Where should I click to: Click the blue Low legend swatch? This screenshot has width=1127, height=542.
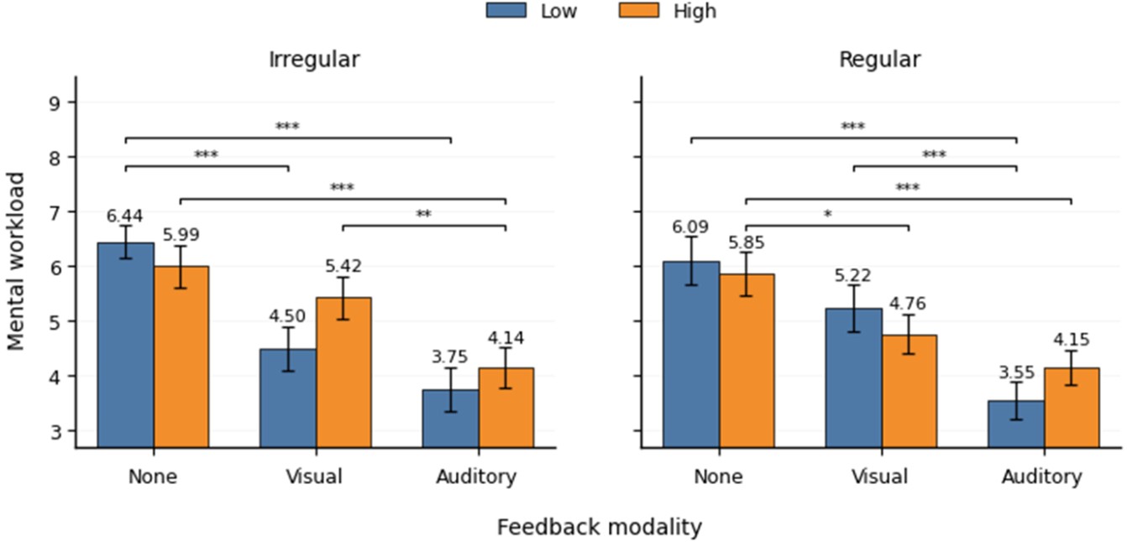pos(506,11)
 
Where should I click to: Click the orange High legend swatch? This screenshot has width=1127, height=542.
pos(638,11)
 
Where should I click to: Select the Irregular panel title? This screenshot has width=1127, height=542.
pos(314,60)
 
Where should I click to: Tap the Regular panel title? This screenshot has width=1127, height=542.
pos(880,60)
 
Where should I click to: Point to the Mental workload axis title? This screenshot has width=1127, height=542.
pos(16,262)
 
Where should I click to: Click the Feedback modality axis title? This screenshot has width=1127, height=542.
pos(600,528)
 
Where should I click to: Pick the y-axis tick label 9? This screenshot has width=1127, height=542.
pos(55,102)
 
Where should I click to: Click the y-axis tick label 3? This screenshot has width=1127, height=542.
pos(55,431)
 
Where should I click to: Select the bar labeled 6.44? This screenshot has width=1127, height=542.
pos(126,346)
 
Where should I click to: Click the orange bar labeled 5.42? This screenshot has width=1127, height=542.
pos(343,373)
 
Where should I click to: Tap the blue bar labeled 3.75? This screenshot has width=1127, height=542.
pos(451,419)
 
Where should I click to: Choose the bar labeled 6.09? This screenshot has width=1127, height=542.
pos(691,354)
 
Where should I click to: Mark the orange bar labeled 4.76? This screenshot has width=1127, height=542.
pos(909,391)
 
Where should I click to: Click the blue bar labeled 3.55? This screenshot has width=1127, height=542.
pos(1016,425)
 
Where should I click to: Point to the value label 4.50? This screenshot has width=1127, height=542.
pos(286,316)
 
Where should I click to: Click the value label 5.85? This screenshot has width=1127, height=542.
pos(746,242)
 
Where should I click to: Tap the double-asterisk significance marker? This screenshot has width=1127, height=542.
pos(423,215)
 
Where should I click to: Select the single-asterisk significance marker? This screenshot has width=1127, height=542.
pos(828,215)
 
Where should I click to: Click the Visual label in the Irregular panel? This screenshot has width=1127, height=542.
pos(314,477)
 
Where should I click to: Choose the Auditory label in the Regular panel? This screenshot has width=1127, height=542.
pos(1042,477)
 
